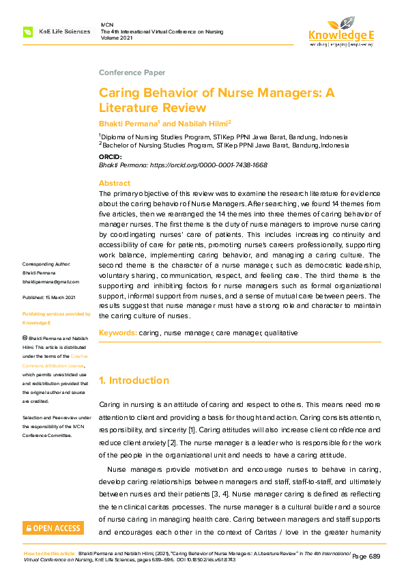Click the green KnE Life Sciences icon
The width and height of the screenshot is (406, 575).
tap(27, 32)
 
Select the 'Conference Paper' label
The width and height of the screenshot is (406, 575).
tap(132, 72)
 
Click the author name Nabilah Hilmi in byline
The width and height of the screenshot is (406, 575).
tap(203, 123)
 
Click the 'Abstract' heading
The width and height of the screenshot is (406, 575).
tap(115, 183)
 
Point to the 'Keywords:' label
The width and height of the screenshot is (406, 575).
tap(117, 333)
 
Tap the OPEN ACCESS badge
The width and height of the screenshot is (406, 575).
tap(53, 528)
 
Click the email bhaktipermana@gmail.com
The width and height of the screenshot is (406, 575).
tap(51, 281)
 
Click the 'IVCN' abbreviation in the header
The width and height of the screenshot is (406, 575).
tap(106, 23)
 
